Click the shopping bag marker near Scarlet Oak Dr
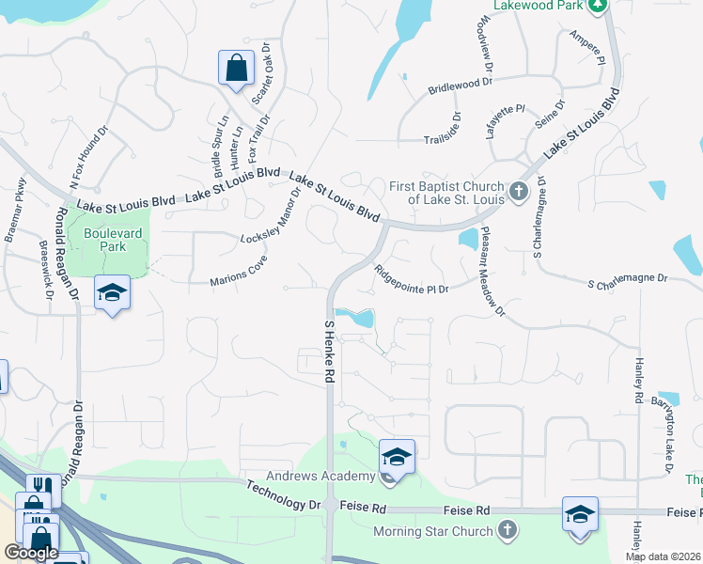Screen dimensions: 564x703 (x=236, y=69)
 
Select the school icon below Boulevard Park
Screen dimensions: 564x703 (x=112, y=293)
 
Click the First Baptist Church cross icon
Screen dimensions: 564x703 (x=518, y=193)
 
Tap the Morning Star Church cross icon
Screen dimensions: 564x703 (x=508, y=532)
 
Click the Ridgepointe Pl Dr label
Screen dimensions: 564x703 (x=411, y=279)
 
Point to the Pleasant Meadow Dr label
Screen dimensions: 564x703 (x=493, y=271)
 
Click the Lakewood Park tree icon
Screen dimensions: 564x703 (x=597, y=6)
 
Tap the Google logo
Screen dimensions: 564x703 (x=31, y=553)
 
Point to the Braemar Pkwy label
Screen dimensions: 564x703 (x=14, y=211)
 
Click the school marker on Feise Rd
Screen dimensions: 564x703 (x=580, y=514)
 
